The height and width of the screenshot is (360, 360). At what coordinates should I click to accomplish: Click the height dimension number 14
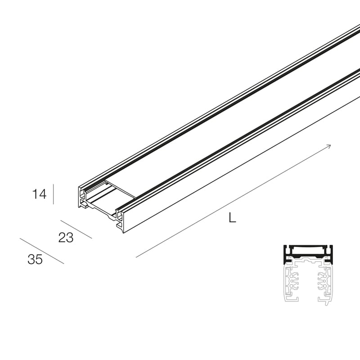click(x=39, y=194)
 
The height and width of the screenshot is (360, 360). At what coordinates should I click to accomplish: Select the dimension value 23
click(x=66, y=238)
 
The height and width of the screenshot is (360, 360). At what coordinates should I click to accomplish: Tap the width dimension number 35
click(x=35, y=260)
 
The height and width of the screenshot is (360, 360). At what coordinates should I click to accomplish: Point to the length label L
click(x=232, y=218)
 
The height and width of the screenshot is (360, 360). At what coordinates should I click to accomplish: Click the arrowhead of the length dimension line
click(x=329, y=146)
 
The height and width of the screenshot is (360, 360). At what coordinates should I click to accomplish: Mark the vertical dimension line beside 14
click(x=54, y=194)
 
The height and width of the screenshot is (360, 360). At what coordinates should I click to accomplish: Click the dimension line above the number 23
click(x=76, y=229)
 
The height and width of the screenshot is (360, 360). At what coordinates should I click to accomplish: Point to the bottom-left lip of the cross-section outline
click(x=290, y=298)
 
